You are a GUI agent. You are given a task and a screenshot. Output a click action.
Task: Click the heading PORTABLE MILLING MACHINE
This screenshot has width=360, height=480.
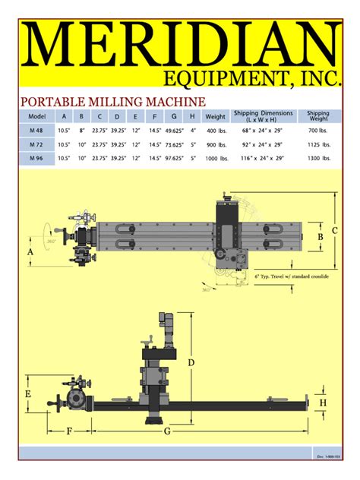coord(112,101)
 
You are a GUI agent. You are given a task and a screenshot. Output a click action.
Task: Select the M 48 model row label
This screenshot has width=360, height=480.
coord(37,131)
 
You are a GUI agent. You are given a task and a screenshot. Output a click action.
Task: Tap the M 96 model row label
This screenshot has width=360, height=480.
coord(37,158)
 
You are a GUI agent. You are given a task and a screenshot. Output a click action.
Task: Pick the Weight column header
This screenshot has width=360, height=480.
coord(216,117)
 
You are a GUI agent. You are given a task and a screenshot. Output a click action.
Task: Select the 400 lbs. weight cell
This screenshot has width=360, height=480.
coord(216,131)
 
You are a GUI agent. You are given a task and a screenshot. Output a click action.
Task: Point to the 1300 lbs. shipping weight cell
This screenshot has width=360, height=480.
coord(319,158)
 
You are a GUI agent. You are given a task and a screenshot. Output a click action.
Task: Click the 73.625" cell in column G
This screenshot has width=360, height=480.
coord(175,144)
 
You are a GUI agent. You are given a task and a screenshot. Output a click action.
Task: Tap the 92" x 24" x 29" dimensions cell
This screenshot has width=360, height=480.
coord(263,144)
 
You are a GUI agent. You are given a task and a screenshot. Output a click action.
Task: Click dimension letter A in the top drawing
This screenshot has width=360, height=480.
coord(30,251)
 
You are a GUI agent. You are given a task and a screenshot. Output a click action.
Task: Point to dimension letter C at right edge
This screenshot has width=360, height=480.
coord(334,231)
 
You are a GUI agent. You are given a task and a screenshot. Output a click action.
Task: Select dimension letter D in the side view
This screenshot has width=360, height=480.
coord(191,362)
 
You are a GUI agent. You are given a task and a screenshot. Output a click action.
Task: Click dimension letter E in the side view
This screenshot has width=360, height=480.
coord(27,395)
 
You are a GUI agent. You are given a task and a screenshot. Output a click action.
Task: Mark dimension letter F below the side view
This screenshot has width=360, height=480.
coord(69,431)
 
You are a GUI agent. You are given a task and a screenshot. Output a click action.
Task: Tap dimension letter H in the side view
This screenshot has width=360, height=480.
coord(323,403)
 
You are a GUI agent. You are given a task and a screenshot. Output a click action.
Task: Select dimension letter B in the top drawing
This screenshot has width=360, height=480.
coord(320,237)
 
